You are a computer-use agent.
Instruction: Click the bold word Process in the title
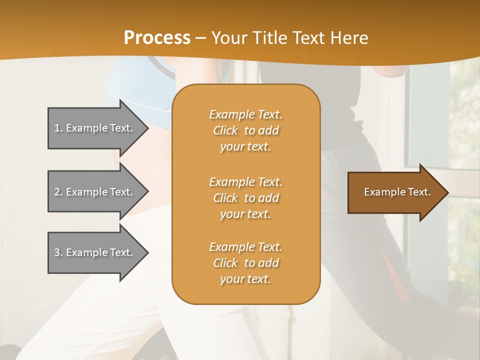(157, 38)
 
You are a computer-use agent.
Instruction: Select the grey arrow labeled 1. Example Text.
(95, 128)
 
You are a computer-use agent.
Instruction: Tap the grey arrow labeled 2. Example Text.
(95, 192)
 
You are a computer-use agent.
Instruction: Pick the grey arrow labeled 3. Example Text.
(95, 252)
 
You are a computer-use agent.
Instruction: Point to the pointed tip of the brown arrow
(447, 192)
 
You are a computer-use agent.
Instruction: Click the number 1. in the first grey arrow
(58, 128)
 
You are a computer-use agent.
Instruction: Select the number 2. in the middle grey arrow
(58, 192)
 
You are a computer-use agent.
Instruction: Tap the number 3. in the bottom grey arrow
(58, 252)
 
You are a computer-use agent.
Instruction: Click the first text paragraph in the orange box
(245, 130)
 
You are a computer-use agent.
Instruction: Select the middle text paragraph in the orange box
(245, 198)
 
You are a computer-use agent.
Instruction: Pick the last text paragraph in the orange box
(245, 263)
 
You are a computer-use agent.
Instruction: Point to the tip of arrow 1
(147, 128)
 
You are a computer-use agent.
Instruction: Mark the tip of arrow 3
(147, 252)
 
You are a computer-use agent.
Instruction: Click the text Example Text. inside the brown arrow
(397, 192)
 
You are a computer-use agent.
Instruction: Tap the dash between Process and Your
(201, 38)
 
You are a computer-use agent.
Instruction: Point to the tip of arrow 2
(147, 192)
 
